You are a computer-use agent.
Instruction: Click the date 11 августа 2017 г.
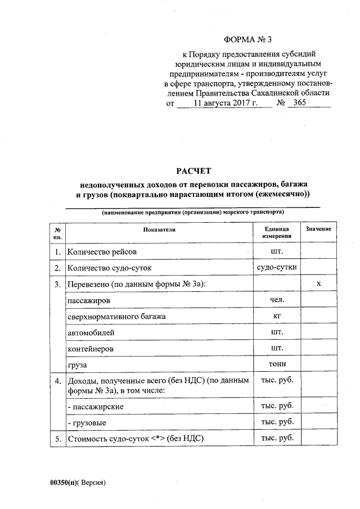[225, 103]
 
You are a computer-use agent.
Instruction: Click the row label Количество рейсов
[102, 252]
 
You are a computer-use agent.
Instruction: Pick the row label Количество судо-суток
[110, 268]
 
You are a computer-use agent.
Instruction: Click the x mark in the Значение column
[318, 284]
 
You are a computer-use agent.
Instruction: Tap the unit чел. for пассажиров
[277, 300]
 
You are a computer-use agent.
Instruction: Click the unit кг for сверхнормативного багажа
[277, 317]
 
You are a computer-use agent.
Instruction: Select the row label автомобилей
[91, 333]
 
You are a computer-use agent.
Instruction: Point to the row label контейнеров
[91, 349]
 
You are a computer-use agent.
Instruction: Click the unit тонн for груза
[277, 365]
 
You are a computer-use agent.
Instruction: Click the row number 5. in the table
[57, 439]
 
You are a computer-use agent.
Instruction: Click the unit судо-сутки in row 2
[277, 268]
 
